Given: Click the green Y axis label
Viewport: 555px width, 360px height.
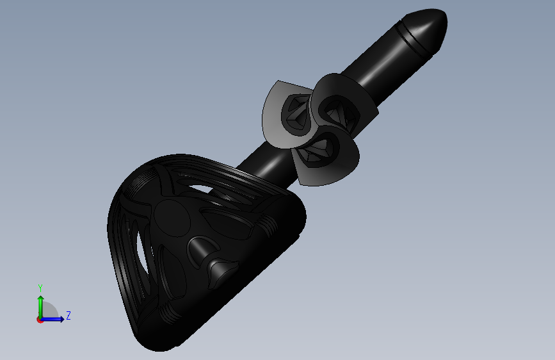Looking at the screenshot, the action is tap(40, 288).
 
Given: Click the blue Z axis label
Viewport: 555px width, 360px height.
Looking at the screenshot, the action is tap(68, 315).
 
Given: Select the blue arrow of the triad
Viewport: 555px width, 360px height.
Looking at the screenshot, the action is tap(52, 319).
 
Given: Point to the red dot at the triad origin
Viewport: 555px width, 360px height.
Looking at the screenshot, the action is tap(39, 320).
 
